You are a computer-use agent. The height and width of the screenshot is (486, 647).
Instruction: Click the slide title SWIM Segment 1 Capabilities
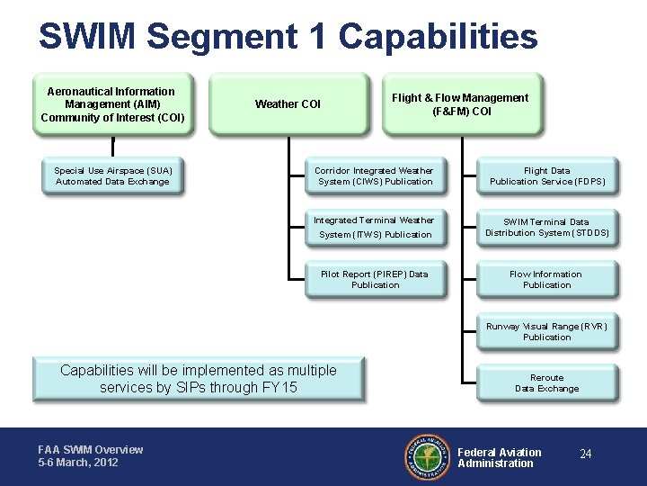[288, 37]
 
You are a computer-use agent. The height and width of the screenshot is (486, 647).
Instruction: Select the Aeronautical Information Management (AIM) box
[113, 104]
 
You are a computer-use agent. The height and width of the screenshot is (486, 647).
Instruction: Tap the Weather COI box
[288, 104]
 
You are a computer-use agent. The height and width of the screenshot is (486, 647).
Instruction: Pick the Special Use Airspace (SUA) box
[113, 176]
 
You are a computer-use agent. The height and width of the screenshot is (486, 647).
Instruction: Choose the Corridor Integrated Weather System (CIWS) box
[375, 176]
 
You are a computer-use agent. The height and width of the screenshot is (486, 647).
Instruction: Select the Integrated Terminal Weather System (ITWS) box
[375, 228]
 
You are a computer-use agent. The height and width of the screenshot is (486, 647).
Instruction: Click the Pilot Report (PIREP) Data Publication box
[375, 280]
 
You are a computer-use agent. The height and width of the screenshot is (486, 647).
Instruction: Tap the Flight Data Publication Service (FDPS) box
[547, 176]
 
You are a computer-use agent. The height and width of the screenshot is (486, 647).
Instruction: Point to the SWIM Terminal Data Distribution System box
[547, 228]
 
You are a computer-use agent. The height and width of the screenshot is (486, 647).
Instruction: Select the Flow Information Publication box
[547, 280]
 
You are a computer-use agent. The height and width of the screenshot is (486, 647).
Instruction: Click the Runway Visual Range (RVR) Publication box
[547, 332]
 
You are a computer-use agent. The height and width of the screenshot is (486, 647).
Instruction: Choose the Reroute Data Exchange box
[547, 383]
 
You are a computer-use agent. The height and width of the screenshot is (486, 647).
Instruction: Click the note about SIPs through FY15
[199, 379]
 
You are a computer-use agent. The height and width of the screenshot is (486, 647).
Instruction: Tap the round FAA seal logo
[428, 457]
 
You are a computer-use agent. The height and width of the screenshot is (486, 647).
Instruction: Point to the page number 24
[586, 454]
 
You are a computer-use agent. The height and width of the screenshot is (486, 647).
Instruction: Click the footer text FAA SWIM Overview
[90, 450]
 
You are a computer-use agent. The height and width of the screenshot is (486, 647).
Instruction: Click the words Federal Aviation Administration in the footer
[500, 458]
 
